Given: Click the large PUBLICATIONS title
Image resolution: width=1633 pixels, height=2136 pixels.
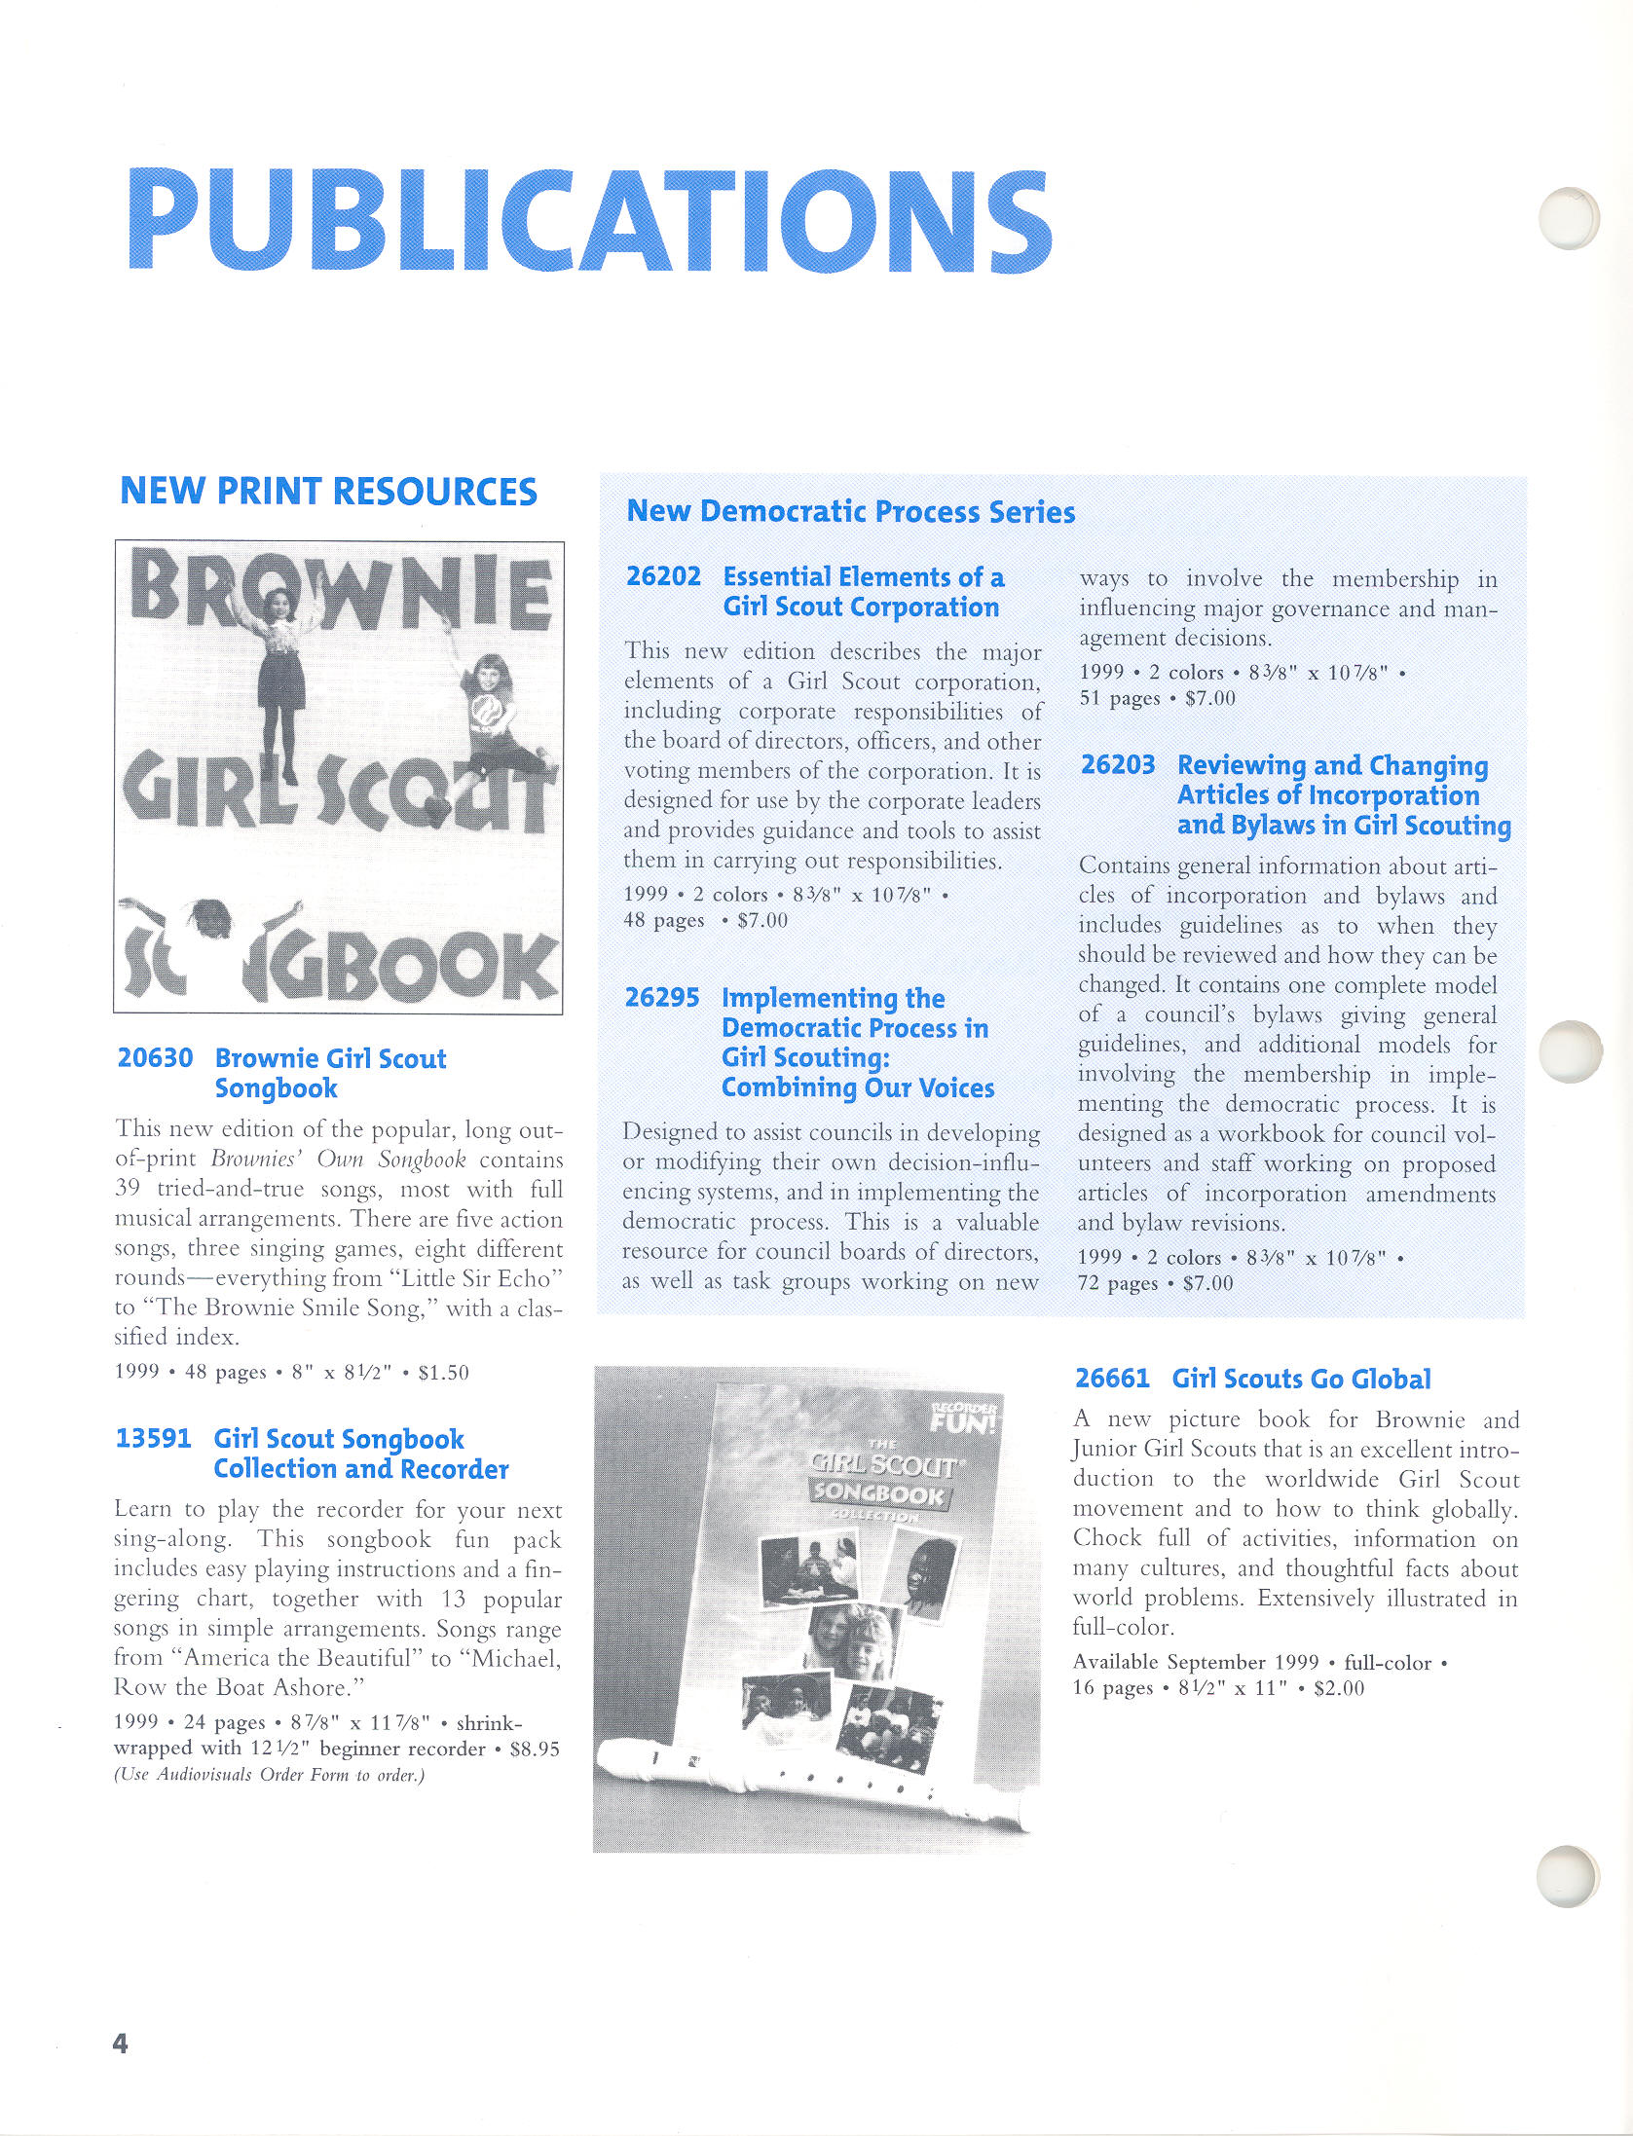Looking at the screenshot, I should coord(589,221).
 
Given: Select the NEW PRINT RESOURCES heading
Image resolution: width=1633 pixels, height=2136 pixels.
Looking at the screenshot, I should coord(328,492).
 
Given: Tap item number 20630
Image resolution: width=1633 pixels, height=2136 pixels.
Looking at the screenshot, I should coord(155,1058).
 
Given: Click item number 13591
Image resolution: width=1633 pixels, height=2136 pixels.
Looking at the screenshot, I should coord(153,1439).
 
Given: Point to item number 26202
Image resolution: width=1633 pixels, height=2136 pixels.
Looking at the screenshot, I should coord(663,577).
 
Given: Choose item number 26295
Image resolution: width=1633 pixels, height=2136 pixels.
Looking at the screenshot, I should coord(662,998).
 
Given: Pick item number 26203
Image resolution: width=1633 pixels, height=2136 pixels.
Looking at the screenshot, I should coord(1118,765).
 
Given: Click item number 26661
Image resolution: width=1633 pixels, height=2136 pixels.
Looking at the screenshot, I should coord(1112,1379).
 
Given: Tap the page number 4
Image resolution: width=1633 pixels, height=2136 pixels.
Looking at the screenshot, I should coord(121,2043).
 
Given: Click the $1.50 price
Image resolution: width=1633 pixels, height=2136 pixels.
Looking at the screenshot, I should coord(443,1373).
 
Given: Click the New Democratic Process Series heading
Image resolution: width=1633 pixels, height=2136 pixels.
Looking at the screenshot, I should coord(850,512).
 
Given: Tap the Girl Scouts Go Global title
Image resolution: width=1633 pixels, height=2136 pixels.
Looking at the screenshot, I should coord(1301,1379).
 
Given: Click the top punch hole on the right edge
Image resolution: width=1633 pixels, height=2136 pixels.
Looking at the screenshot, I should coord(1568,218).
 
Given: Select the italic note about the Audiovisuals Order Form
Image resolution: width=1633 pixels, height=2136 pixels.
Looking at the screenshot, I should coord(269,1775).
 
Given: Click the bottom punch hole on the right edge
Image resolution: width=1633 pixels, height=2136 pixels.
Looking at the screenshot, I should coord(1568,1874).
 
